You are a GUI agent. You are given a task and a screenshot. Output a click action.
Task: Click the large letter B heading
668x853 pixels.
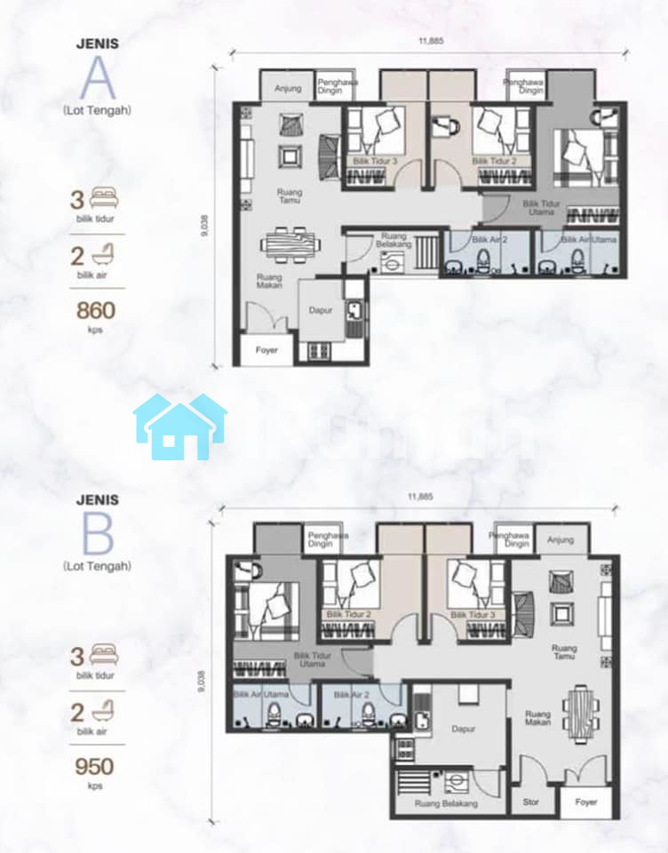tap(98, 534)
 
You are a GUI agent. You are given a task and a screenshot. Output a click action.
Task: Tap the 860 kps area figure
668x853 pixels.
tap(96, 311)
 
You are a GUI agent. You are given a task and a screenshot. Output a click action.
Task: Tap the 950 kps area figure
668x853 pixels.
tap(95, 767)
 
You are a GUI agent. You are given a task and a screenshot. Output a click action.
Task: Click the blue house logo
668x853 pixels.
tap(180, 427)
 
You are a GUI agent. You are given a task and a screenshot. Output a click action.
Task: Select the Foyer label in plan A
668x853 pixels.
tap(266, 350)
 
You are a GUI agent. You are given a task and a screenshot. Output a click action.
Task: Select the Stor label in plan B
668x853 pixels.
tap(531, 801)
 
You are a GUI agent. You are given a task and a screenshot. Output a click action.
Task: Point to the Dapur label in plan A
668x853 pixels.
tap(321, 311)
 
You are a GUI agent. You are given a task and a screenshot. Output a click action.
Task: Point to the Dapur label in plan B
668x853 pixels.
tap(463, 729)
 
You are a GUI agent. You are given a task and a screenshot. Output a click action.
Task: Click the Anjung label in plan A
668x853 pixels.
tap(288, 88)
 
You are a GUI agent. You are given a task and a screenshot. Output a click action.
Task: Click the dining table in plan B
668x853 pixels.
tap(580, 713)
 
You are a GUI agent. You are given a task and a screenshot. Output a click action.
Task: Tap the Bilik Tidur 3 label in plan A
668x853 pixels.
tap(376, 161)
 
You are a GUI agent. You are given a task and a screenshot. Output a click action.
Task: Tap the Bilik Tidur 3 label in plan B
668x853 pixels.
tap(473, 615)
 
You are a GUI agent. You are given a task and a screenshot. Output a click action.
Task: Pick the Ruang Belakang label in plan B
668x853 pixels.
tap(446, 803)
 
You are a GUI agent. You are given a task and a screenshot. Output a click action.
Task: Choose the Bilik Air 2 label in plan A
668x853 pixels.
tap(489, 239)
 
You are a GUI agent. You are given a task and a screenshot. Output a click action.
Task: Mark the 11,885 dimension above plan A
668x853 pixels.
tap(431, 40)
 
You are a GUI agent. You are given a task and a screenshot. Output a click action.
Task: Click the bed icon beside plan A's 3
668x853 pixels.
tap(104, 198)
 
